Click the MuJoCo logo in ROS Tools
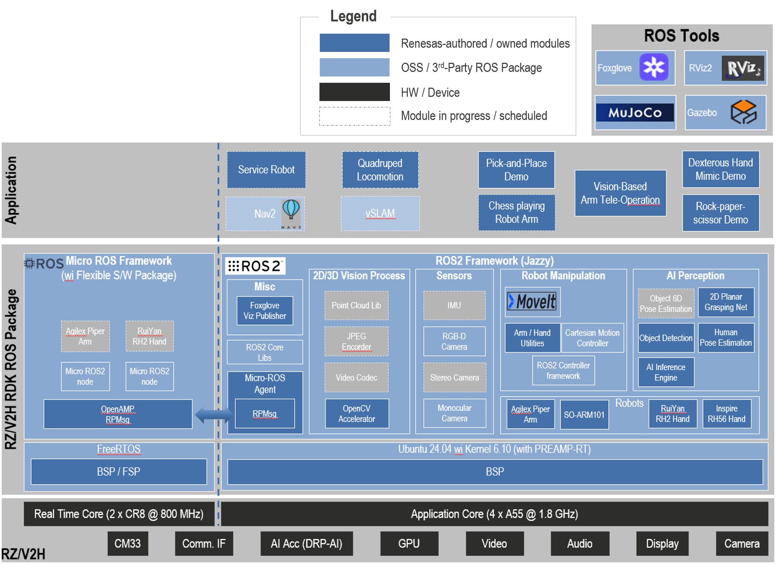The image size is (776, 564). (635, 112)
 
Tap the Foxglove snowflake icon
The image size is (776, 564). (654, 67)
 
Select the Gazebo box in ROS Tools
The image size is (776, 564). (726, 113)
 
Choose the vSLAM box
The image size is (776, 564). (380, 214)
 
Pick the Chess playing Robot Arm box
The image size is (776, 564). (517, 213)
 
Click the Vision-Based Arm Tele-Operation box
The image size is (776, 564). (620, 193)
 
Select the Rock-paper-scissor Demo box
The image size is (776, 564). (721, 213)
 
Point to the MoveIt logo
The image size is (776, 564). (532, 302)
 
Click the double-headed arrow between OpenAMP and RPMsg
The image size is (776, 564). (214, 415)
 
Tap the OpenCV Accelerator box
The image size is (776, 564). (357, 414)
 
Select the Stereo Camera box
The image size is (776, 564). (454, 377)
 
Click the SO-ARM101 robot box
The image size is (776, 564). (584, 415)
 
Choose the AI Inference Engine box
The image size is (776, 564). (666, 372)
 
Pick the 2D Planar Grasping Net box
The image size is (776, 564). (726, 302)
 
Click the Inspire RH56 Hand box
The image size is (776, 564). (727, 414)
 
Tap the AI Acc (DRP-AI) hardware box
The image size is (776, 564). (306, 543)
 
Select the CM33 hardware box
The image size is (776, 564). (128, 543)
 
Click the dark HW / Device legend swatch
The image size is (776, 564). (355, 92)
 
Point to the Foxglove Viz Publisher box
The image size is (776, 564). (265, 311)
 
